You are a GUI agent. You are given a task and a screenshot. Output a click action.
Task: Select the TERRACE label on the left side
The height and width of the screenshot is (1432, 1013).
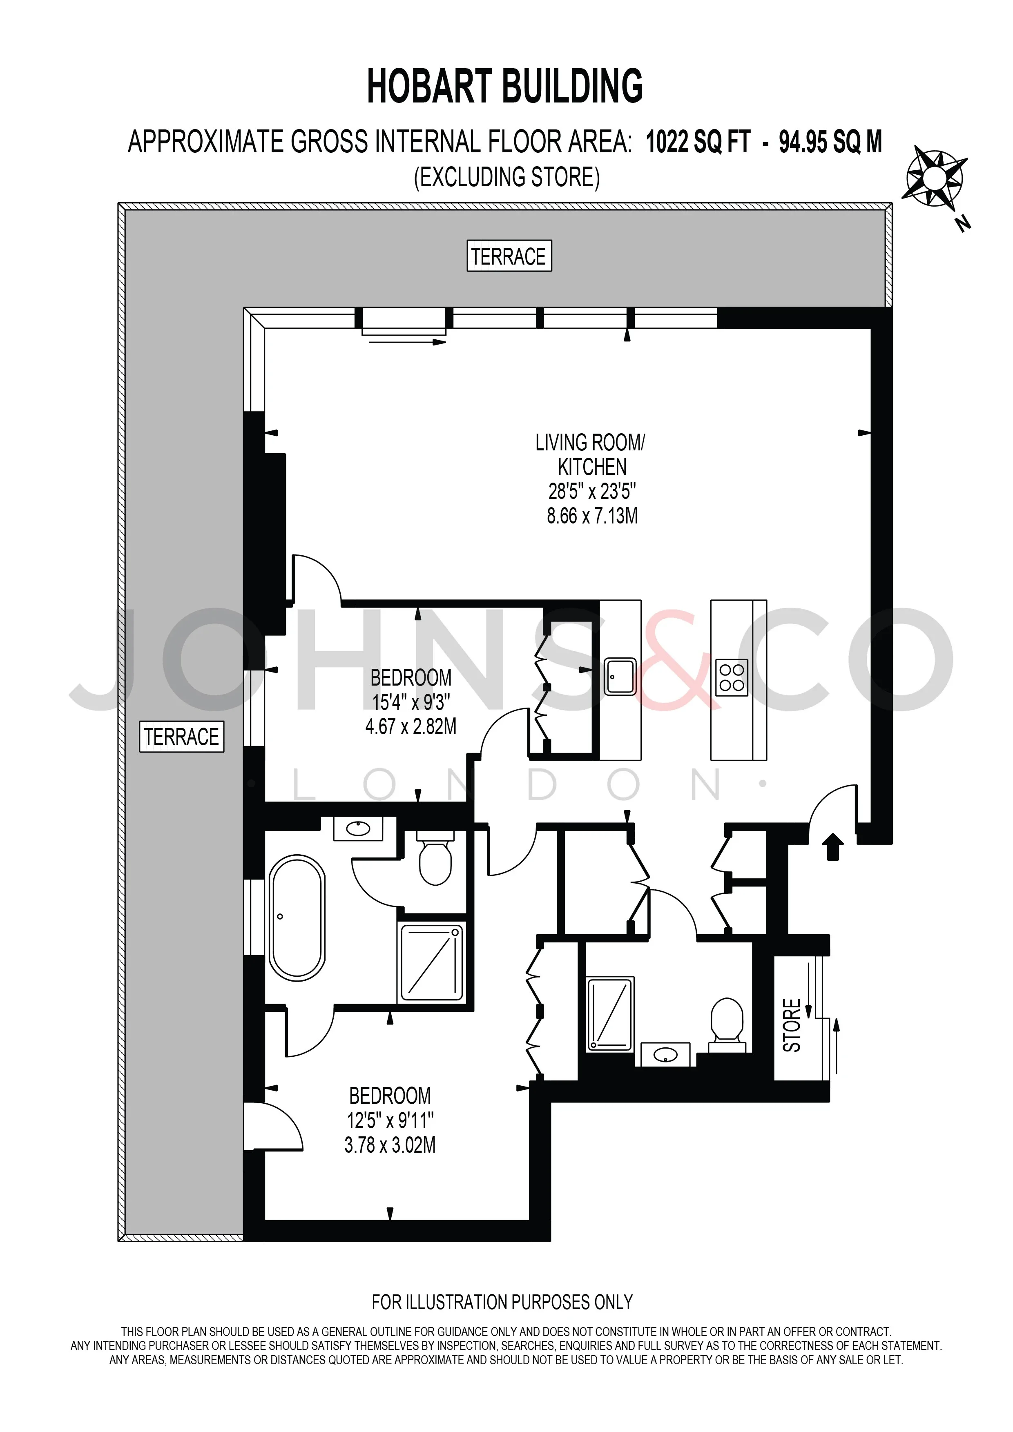click(181, 737)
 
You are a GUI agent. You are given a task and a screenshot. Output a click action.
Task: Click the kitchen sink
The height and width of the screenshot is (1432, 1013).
click(619, 677)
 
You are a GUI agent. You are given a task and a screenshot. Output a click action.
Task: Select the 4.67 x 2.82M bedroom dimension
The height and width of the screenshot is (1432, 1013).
click(411, 726)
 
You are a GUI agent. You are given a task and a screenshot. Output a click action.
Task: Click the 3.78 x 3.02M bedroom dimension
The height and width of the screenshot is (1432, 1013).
click(390, 1145)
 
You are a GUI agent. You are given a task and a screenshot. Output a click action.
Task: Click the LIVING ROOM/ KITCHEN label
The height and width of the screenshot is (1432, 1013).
click(591, 455)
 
